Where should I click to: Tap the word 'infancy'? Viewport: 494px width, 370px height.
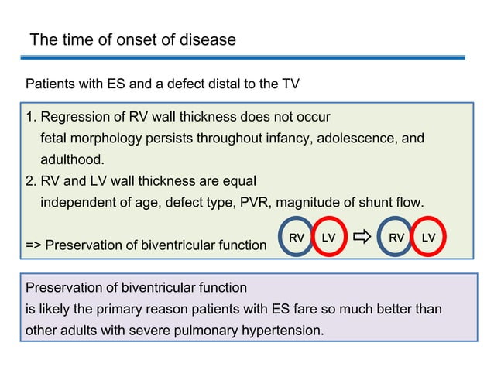click(x=283, y=139)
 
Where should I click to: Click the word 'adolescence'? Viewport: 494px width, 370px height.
click(x=355, y=139)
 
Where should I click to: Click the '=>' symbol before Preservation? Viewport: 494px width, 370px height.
click(x=34, y=246)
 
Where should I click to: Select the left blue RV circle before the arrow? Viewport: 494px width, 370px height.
click(x=296, y=238)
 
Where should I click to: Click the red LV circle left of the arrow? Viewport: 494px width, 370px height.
click(x=328, y=238)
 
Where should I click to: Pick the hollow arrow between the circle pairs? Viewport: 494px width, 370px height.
click(x=362, y=237)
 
